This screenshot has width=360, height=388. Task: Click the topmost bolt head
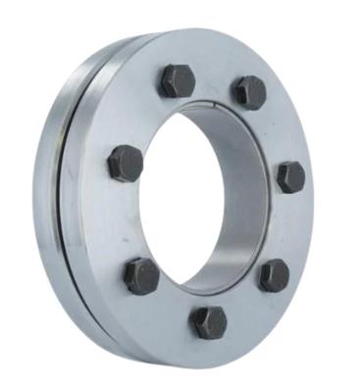tap(177, 80)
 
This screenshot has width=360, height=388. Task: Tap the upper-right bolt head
tap(249, 92)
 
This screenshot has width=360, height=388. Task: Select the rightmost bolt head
tap(290, 176)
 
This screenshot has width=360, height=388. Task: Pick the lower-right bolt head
tap(273, 274)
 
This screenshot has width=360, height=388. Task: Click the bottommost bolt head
tap(208, 321)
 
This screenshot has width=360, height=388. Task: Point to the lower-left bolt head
tap(142, 276)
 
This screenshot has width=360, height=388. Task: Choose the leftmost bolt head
tap(126, 163)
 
